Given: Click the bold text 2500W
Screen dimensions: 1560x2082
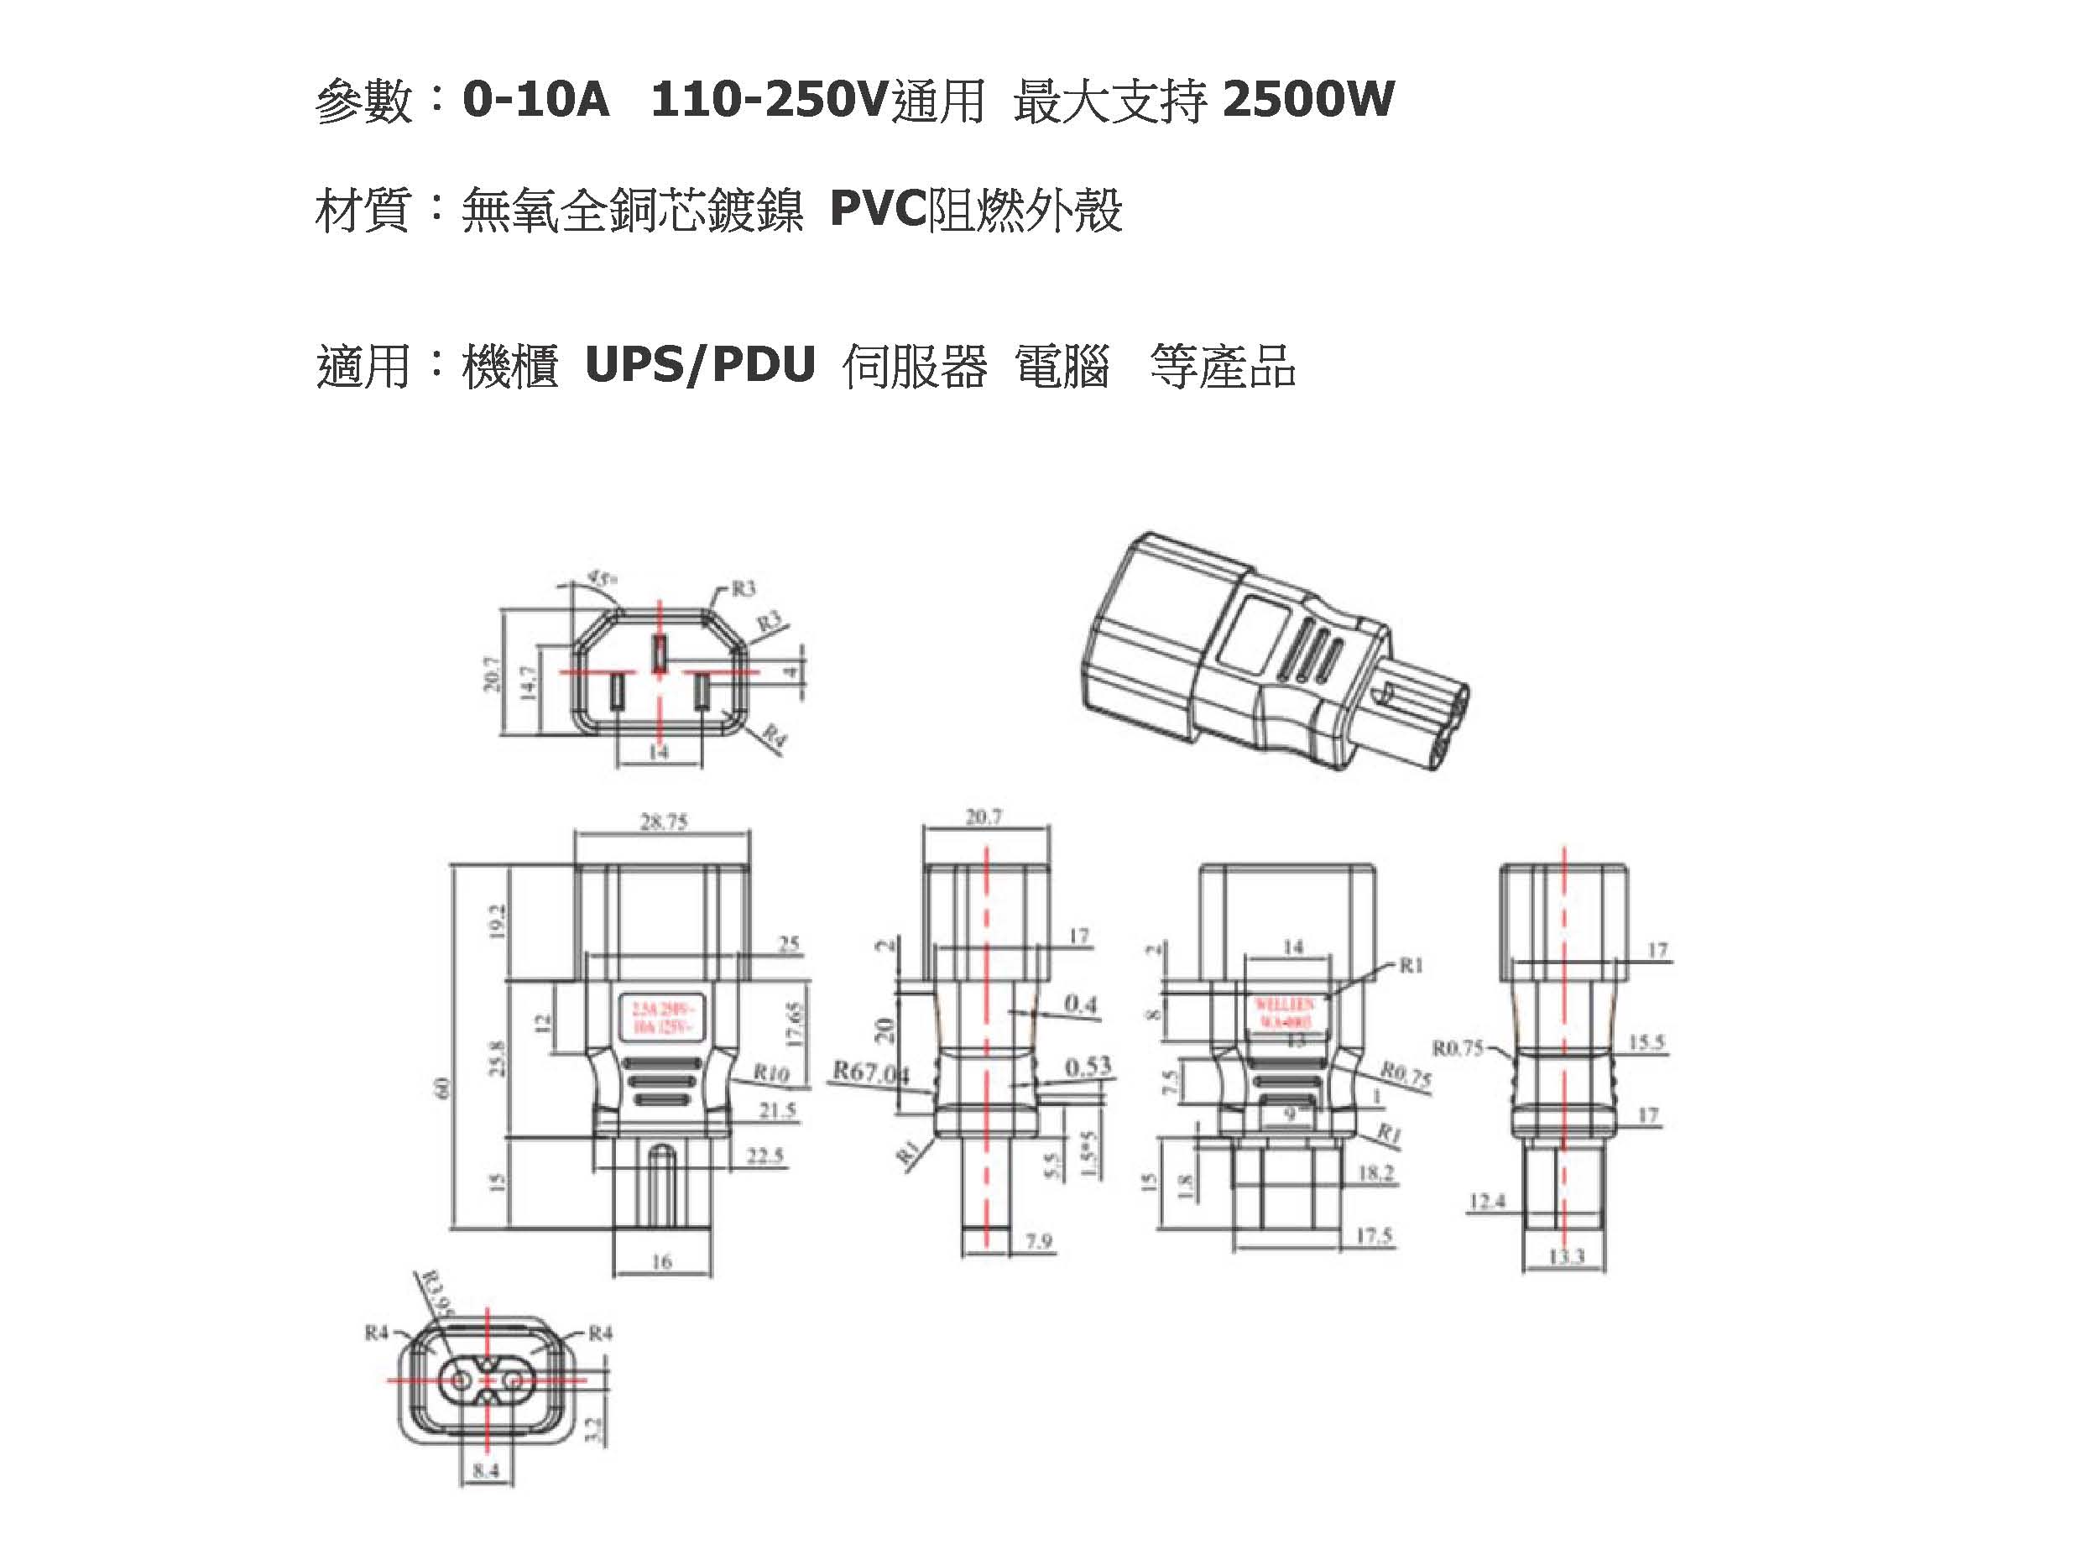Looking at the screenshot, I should [x=1307, y=100].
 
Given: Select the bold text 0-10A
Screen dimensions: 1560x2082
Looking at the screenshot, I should [x=535, y=100].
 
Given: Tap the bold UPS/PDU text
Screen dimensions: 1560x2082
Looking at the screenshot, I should [x=699, y=365].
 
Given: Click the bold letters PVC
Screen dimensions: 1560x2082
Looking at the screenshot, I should [x=877, y=210].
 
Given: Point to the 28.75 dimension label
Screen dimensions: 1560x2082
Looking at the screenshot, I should [x=664, y=822].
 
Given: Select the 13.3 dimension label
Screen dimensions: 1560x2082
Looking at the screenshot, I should [x=1565, y=1256].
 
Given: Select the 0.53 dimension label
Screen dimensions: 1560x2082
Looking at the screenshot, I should [x=1088, y=1067].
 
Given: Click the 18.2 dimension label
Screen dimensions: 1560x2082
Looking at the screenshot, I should [x=1375, y=1173].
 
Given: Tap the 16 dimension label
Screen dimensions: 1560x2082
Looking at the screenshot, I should [x=660, y=1260].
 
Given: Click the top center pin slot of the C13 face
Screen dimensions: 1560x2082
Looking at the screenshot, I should [x=660, y=651].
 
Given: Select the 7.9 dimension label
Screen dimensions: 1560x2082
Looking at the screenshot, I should [x=1038, y=1242].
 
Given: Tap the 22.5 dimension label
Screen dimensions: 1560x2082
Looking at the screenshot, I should [x=764, y=1156].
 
